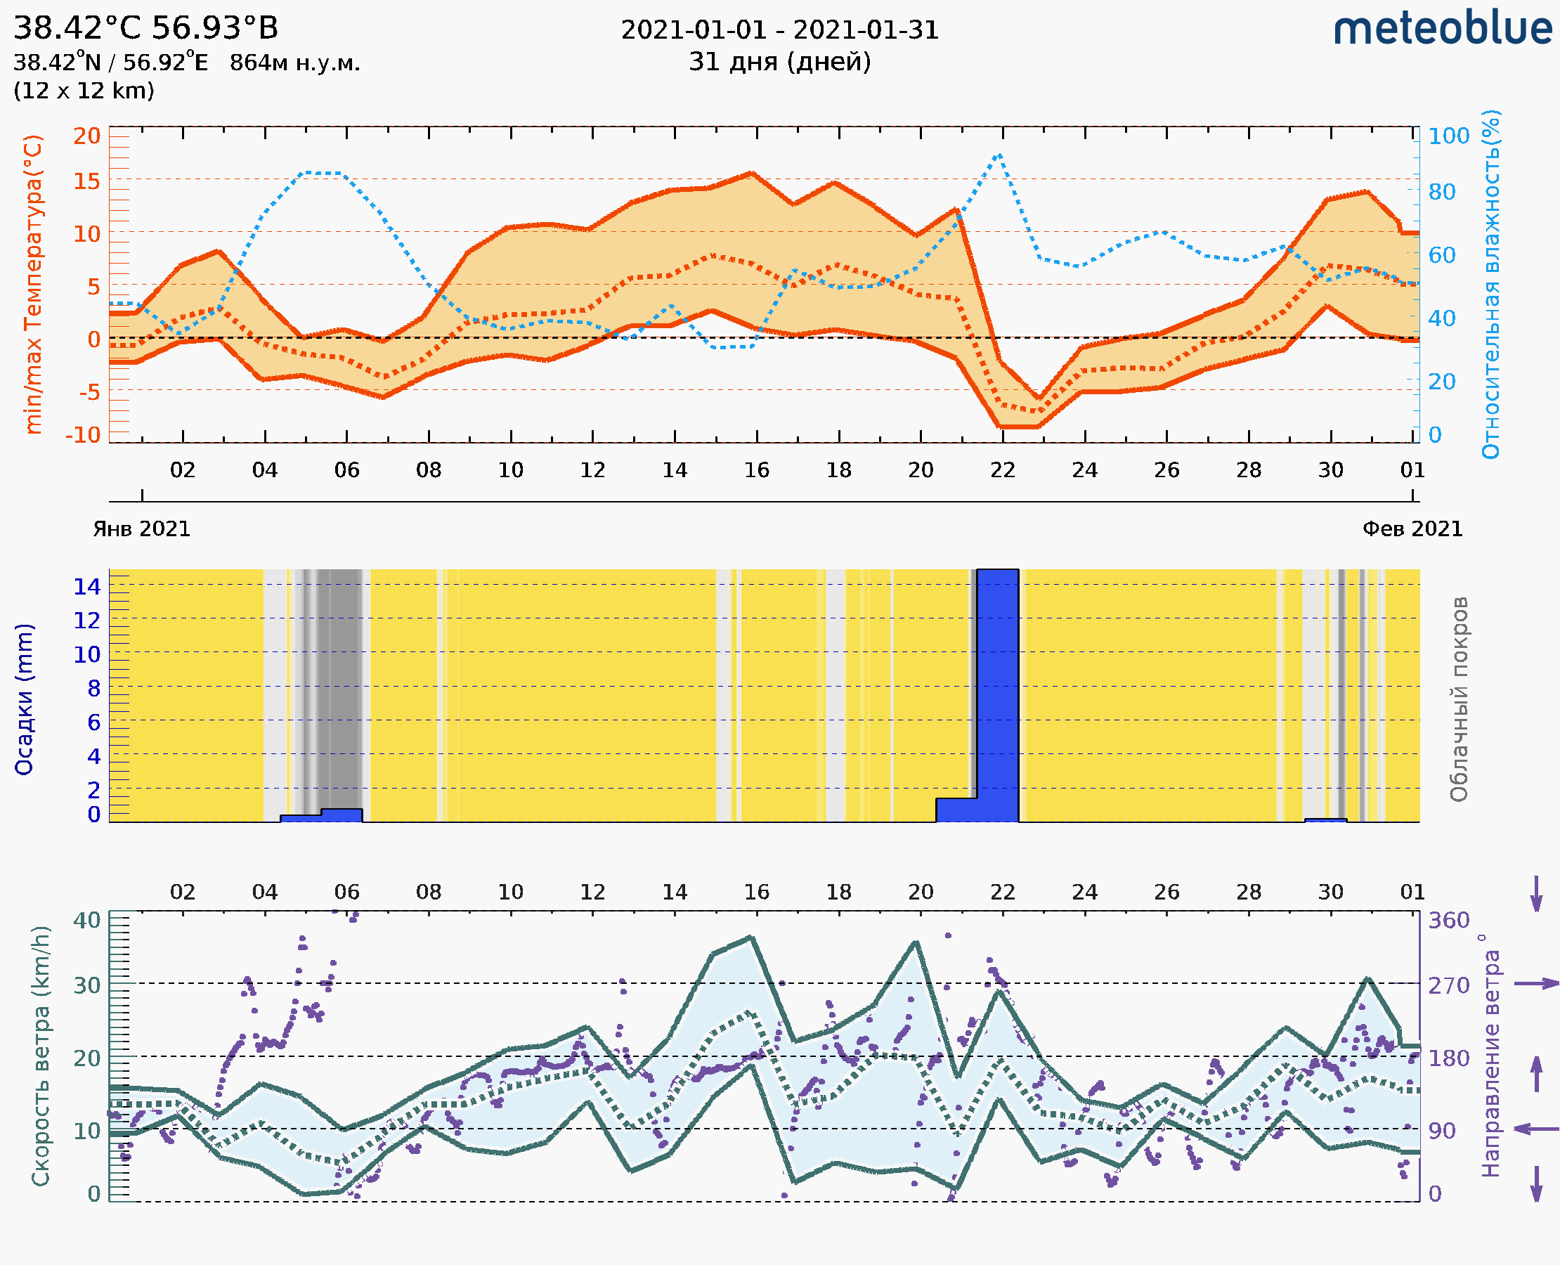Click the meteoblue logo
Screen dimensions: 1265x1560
pyautogui.click(x=1442, y=29)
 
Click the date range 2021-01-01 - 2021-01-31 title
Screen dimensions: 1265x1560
pyautogui.click(x=779, y=31)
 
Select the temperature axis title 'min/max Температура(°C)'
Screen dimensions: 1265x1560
pyautogui.click(x=33, y=284)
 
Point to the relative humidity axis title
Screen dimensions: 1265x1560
pyautogui.click(x=1490, y=284)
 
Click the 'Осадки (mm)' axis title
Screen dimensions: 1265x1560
pyautogui.click(x=24, y=699)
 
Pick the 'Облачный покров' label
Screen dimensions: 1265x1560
pyautogui.click(x=1459, y=699)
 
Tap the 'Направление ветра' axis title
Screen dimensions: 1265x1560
pyautogui.click(x=1490, y=1056)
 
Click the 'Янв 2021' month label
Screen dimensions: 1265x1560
pyautogui.click(x=141, y=529)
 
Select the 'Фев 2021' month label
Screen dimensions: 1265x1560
pyautogui.click(x=1412, y=529)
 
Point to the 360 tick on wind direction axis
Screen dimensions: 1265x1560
pyautogui.click(x=1448, y=921)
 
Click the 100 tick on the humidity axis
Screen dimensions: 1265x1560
pyautogui.click(x=1448, y=136)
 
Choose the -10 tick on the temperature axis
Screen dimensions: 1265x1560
pyautogui.click(x=83, y=435)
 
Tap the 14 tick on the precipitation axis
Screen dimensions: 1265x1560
pyautogui.click(x=86, y=586)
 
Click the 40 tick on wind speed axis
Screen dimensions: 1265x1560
pyautogui.click(x=86, y=921)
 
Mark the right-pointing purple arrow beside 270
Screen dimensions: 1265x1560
pyautogui.click(x=1536, y=984)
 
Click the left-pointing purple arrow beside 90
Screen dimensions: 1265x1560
pyautogui.click(x=1536, y=1129)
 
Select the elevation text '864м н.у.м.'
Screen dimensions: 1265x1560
pyautogui.click(x=294, y=63)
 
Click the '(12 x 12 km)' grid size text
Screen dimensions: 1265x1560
pyautogui.click(x=84, y=91)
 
